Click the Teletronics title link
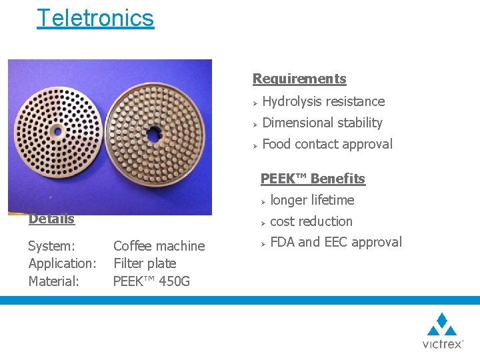(95, 18)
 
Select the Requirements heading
(299, 79)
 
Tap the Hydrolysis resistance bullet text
(323, 101)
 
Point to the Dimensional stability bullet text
(322, 123)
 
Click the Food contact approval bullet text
(327, 144)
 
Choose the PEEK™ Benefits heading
(313, 179)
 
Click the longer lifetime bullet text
(312, 200)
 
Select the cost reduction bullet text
(311, 221)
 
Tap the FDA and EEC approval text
(336, 242)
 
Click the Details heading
(51, 219)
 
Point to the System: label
(51, 246)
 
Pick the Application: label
(62, 263)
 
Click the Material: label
(53, 281)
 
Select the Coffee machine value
(159, 246)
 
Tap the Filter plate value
(145, 263)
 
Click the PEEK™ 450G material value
(151, 281)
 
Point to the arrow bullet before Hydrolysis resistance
(255, 102)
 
